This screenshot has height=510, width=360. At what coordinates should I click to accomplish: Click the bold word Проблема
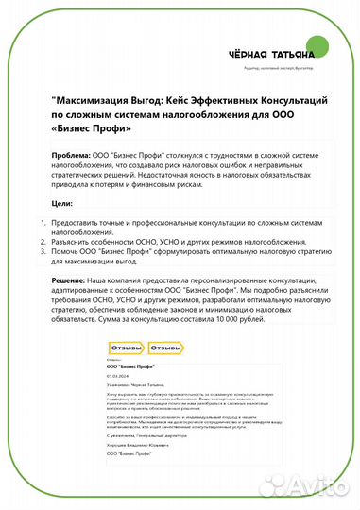pyautogui.click(x=72, y=152)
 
